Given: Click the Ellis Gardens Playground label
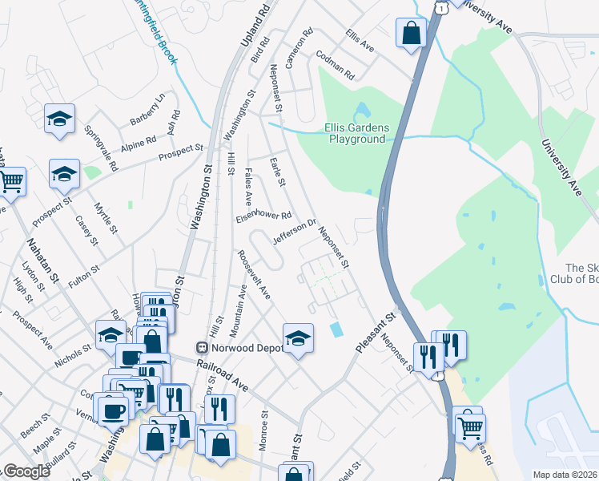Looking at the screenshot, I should [x=356, y=133].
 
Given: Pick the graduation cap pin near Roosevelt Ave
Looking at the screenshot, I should [x=298, y=338].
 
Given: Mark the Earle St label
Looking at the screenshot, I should [x=279, y=171].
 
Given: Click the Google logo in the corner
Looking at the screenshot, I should [x=27, y=471].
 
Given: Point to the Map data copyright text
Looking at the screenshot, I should [x=565, y=475].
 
